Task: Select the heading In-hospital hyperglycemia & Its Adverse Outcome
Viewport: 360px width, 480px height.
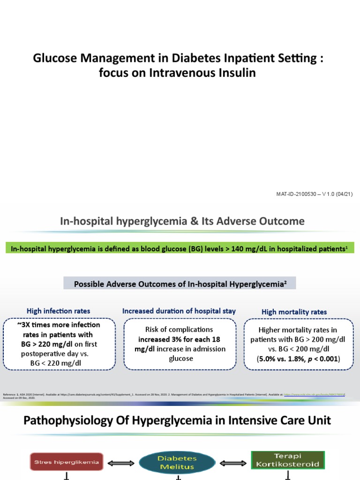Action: (x=182, y=221)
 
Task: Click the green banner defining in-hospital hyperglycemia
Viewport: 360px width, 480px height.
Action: (x=180, y=248)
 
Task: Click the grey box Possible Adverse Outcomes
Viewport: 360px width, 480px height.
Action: (x=180, y=283)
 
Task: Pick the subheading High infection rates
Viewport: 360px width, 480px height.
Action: (x=59, y=311)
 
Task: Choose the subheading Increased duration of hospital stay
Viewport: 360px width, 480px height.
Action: (x=179, y=311)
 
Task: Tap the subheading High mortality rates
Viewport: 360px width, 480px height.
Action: (x=294, y=312)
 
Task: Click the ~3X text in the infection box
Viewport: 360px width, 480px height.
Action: (x=28, y=325)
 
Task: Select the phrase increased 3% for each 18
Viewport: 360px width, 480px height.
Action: (x=180, y=339)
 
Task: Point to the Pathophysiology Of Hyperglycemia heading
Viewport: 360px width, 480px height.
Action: (x=177, y=420)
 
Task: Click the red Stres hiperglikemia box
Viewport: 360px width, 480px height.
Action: (x=66, y=462)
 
